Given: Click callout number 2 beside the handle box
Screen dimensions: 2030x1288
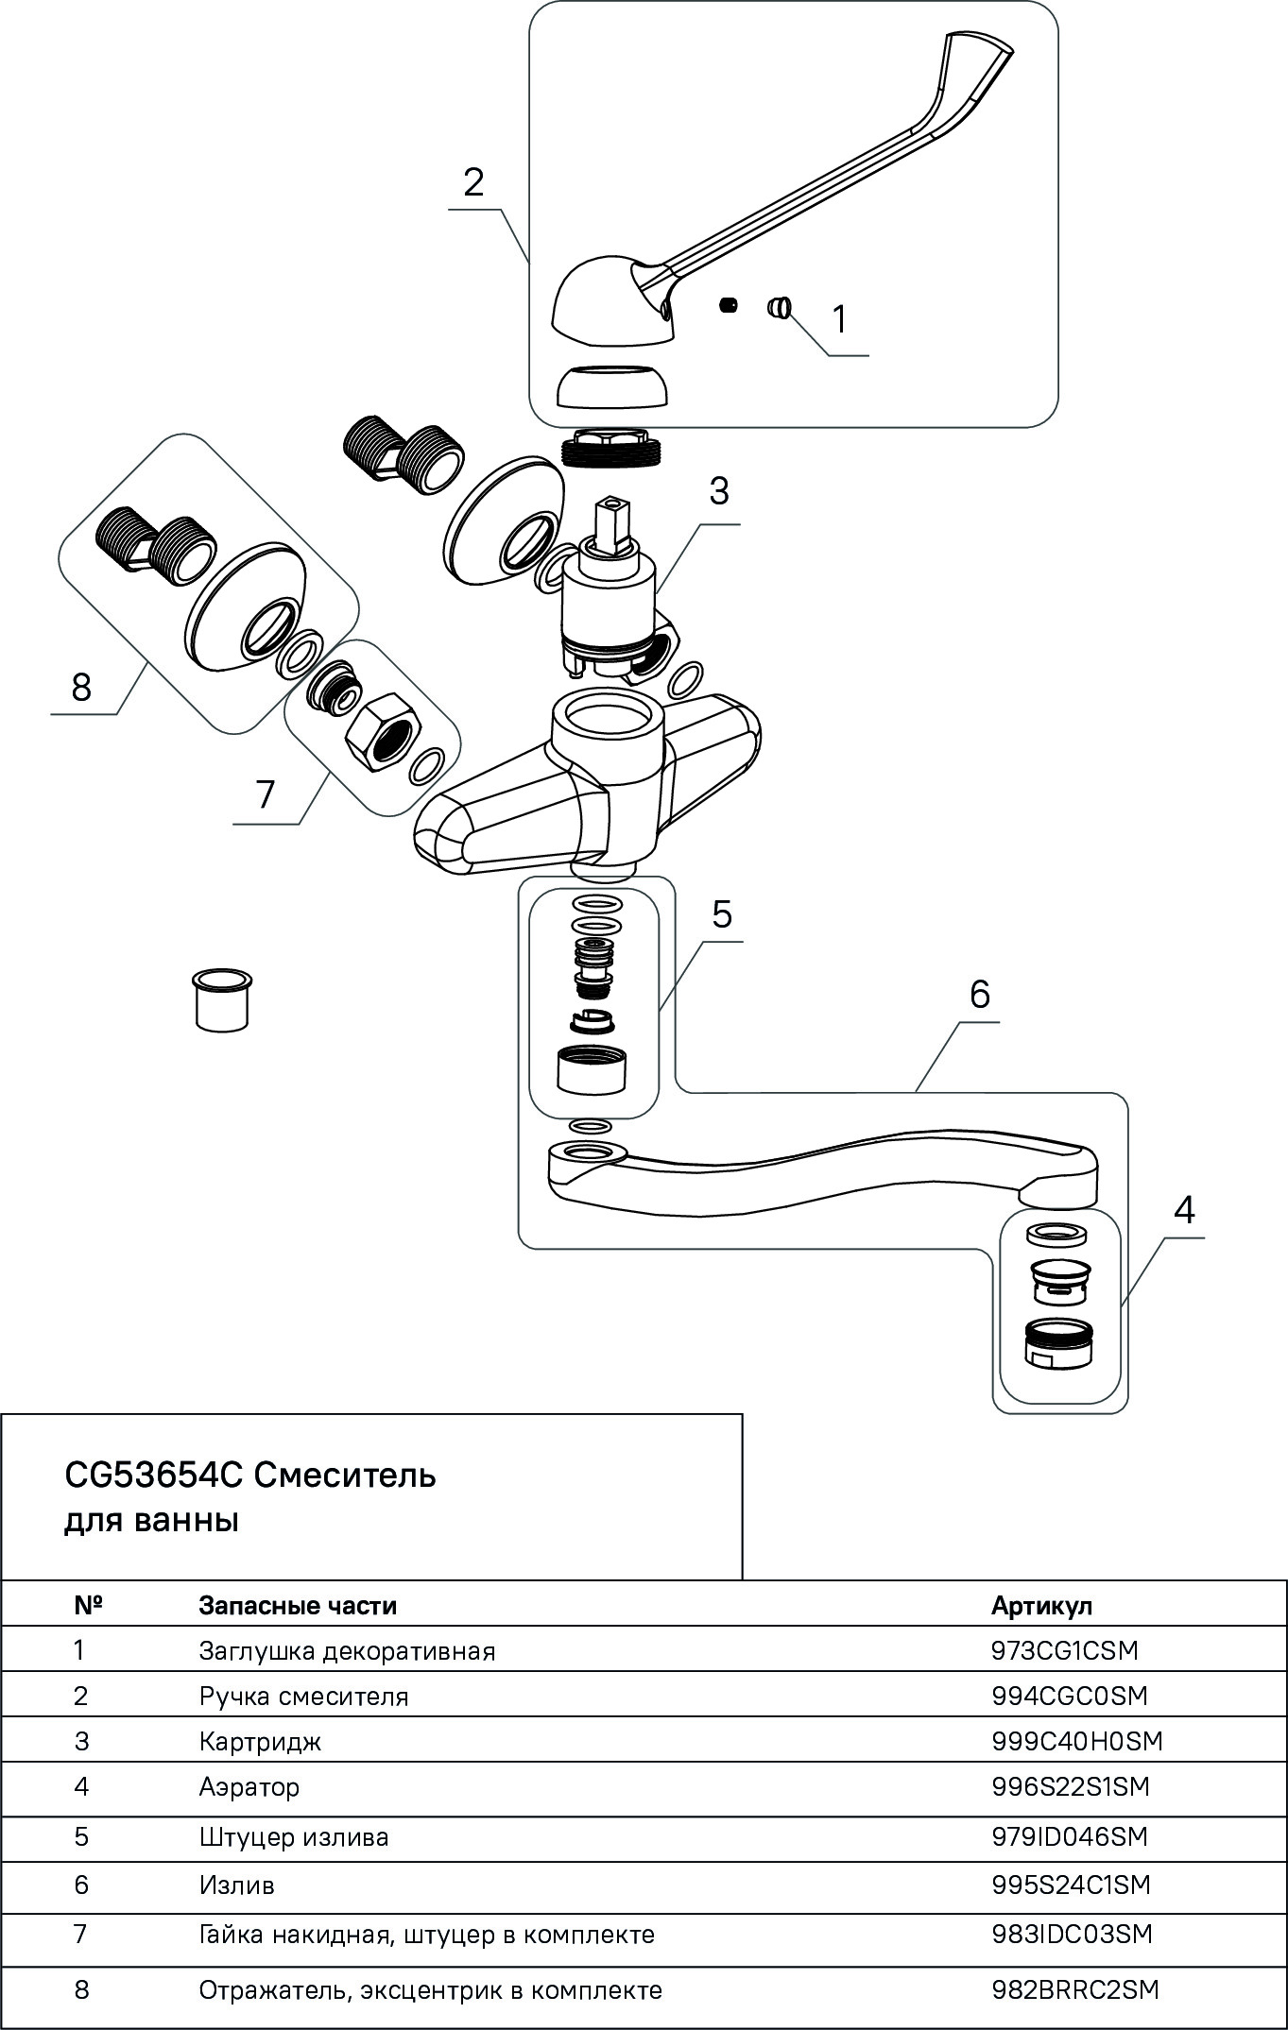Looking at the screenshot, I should pos(473,182).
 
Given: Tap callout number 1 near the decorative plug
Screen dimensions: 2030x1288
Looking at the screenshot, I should pos(839,319).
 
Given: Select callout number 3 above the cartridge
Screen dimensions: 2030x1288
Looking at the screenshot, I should pos(719,491).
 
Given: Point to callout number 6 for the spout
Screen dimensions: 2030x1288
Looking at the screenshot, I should pos(979,994).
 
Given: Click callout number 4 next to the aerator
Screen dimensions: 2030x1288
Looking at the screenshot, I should pos(1183,1209).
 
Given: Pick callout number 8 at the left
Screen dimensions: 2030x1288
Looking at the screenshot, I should pos(81,687).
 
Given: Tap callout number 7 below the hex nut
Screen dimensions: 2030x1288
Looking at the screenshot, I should pos(266,794).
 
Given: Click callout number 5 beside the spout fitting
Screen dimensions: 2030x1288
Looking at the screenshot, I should pos(722,914).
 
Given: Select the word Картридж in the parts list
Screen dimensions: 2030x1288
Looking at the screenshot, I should pos(260,1740).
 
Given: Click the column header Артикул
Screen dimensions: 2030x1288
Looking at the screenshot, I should pos(1041,1605).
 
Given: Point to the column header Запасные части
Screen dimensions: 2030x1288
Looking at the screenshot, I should pos(298,1605).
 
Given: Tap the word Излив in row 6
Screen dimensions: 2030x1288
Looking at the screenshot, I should pos(236,1885).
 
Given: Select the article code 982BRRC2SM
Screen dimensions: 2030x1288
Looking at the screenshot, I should pos(1074,1990).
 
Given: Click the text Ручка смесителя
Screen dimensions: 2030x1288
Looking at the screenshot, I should pos(303,1696).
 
